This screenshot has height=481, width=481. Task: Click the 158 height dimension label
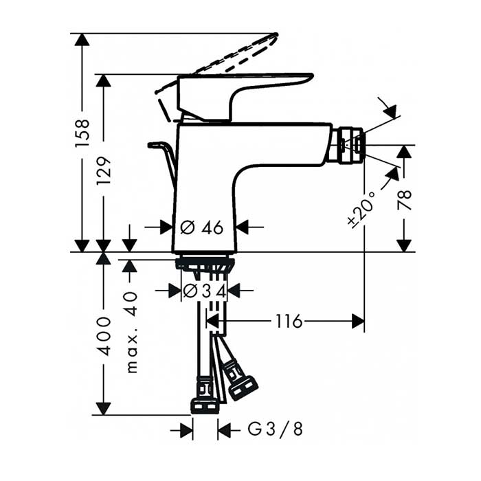(82, 133)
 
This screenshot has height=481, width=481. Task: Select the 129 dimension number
(104, 170)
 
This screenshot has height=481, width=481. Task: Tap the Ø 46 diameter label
(202, 227)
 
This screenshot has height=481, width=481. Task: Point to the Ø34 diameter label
(205, 291)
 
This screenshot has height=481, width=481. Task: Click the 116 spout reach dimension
(289, 322)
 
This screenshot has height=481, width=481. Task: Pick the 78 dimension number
(404, 200)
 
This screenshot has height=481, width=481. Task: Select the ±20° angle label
(362, 210)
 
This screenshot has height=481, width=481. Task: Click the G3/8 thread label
(276, 429)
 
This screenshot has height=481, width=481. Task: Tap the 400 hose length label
(104, 337)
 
